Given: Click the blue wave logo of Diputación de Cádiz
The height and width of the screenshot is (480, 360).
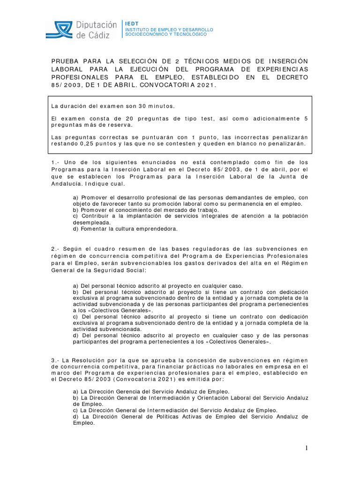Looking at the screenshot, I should (x=59, y=30).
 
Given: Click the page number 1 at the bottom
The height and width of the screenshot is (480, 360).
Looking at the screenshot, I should (x=307, y=449).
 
